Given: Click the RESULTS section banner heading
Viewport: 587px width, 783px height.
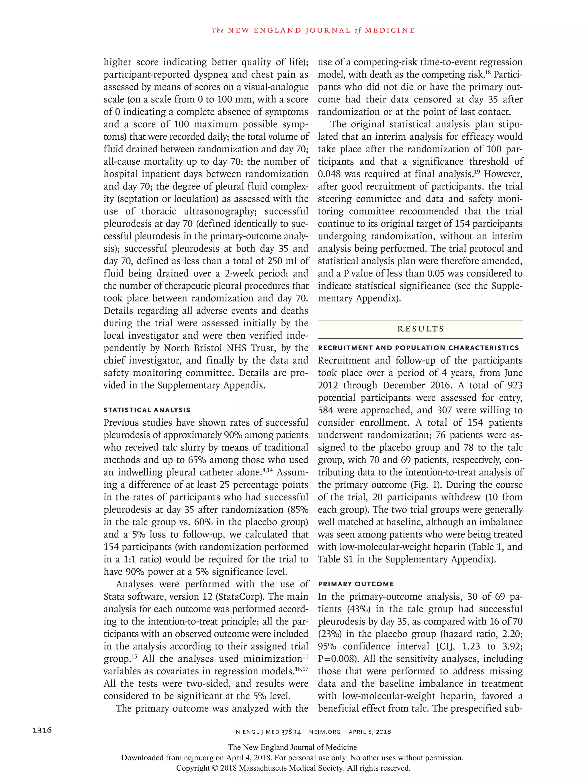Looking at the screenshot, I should (420, 329).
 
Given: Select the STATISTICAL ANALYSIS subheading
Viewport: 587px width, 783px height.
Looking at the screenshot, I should (147, 410).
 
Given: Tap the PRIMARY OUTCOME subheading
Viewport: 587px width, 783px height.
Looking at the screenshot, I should (356, 584).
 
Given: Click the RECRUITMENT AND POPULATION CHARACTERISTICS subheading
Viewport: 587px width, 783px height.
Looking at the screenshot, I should (418, 348).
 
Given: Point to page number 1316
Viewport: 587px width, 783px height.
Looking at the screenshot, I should (42, 730).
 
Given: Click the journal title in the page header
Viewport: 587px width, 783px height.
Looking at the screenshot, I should (313, 30).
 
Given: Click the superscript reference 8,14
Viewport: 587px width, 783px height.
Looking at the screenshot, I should (267, 470).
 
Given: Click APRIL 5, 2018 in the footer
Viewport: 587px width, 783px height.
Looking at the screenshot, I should (370, 732).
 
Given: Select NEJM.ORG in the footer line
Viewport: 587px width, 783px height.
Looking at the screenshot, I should (325, 732).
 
